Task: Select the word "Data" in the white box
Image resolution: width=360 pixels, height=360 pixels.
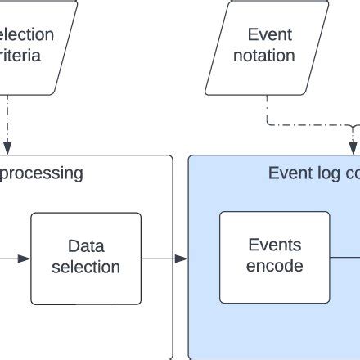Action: [x=86, y=245]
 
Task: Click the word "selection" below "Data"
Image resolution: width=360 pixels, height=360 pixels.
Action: [x=86, y=267]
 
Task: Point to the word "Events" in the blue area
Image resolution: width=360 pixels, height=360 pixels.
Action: [x=274, y=245]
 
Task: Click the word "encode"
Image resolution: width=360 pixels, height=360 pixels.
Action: [x=274, y=266]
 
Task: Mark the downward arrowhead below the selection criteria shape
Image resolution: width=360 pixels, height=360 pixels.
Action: [x=7, y=148]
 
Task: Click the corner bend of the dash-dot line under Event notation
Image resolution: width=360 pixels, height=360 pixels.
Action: [x=269, y=125]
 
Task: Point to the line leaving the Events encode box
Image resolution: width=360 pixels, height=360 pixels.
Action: [x=344, y=259]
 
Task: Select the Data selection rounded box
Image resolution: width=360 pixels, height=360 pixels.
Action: [x=86, y=258]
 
